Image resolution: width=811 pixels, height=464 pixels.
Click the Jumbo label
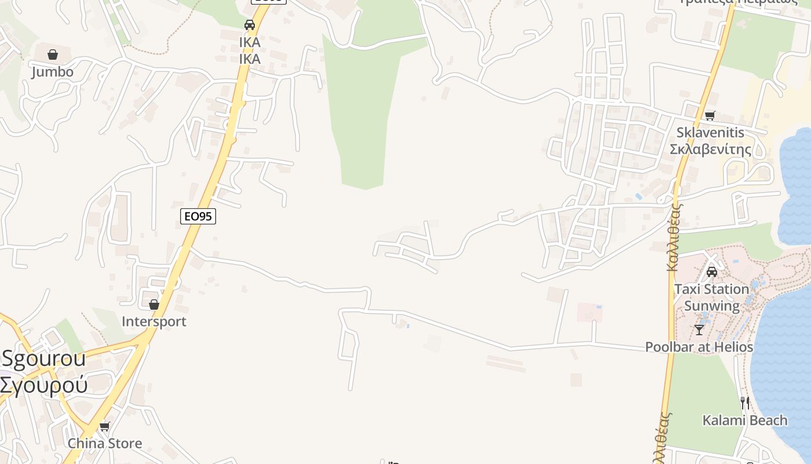[x=52, y=72]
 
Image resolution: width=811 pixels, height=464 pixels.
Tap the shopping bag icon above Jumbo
[x=53, y=55]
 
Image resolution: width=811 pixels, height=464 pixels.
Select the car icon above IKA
[x=250, y=25]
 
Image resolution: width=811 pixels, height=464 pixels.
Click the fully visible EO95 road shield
[x=198, y=216]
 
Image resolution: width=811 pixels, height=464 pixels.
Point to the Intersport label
[x=154, y=321]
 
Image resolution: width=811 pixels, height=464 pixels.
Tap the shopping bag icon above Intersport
[x=154, y=304]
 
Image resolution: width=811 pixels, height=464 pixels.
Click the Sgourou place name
[x=44, y=358]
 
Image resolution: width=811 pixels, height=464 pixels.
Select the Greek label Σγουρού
[x=44, y=384]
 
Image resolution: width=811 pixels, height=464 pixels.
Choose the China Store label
[x=105, y=443]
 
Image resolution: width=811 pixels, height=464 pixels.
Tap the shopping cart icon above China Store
[x=105, y=427]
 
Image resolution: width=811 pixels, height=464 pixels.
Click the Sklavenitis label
[x=710, y=132]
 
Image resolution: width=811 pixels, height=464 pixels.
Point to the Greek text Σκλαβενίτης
[x=710, y=150]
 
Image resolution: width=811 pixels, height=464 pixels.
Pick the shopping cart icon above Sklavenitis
[x=710, y=115]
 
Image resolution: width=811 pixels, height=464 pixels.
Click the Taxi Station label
[x=711, y=289]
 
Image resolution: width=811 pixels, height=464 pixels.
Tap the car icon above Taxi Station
[x=712, y=272]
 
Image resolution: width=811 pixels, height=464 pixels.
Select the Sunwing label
[x=712, y=306]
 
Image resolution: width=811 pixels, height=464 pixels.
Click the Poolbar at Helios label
[x=699, y=347]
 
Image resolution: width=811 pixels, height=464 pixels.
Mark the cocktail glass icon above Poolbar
[x=699, y=330]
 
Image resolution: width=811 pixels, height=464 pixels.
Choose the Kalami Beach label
[x=745, y=420]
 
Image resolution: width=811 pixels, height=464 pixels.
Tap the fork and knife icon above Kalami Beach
[x=745, y=403]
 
